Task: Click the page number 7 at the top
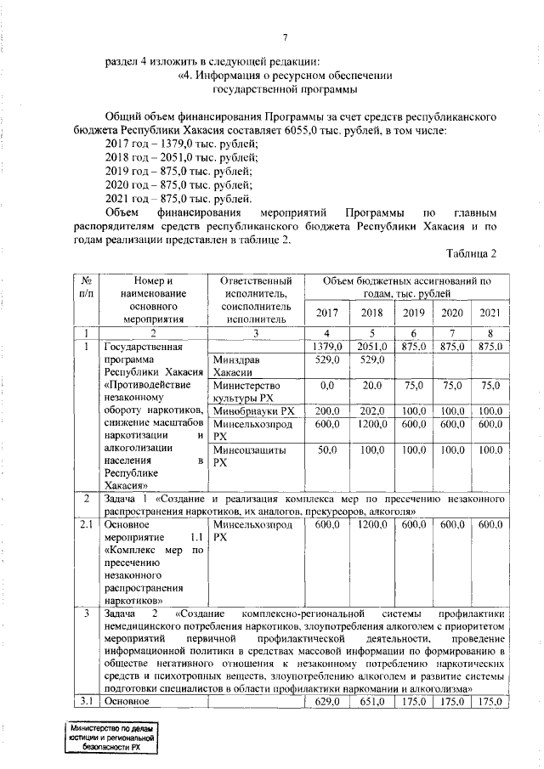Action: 286,36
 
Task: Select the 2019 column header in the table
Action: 412,313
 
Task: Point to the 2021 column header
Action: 490,313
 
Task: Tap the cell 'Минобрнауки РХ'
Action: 253,410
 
